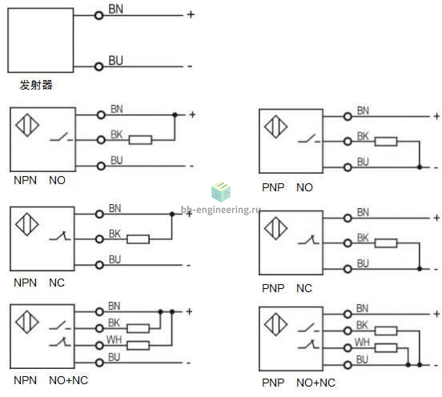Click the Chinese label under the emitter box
click(x=36, y=85)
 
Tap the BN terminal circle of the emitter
click(x=99, y=15)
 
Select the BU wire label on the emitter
click(x=115, y=61)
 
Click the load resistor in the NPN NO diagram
click(x=140, y=140)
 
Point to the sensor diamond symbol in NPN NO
click(x=27, y=125)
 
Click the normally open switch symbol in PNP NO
click(x=309, y=138)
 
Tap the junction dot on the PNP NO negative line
click(x=420, y=167)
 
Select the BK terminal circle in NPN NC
click(x=99, y=239)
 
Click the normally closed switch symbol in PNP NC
click(x=308, y=240)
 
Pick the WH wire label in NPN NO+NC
click(x=115, y=340)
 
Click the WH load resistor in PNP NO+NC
click(x=386, y=348)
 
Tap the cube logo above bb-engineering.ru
click(x=221, y=191)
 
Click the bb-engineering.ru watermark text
click(x=220, y=210)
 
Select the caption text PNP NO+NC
click(x=299, y=383)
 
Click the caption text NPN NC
click(x=39, y=283)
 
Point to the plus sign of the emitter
click(x=191, y=14)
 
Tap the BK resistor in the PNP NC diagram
click(x=386, y=243)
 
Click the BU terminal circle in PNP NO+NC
click(x=348, y=365)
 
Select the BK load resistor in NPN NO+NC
click(x=138, y=328)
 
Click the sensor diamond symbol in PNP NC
click(x=276, y=228)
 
